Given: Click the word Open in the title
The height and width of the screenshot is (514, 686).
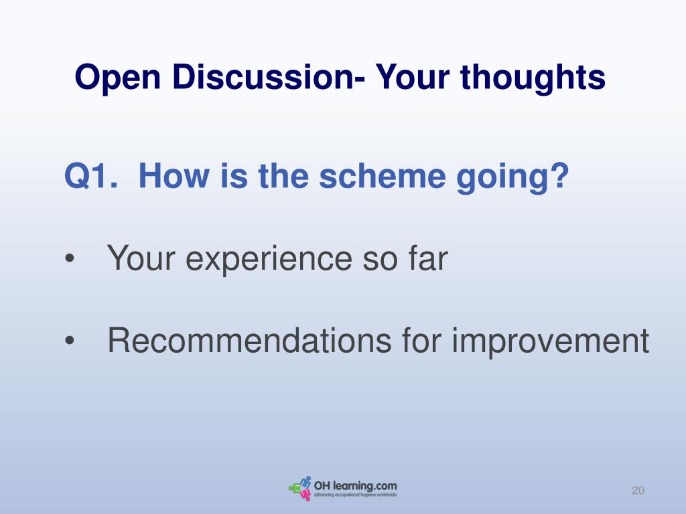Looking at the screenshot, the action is [x=118, y=78].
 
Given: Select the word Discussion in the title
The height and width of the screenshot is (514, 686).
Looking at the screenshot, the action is [x=263, y=77].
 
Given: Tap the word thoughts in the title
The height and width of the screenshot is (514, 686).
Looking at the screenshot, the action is [x=533, y=78].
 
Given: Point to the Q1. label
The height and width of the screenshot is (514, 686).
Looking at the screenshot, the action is [x=91, y=176].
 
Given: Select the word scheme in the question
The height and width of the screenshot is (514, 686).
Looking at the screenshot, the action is [x=383, y=176].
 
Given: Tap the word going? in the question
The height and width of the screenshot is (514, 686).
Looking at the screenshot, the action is [x=512, y=177].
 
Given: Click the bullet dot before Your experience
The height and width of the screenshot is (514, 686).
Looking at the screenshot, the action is [x=70, y=258].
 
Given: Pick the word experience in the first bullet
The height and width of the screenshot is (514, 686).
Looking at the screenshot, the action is [x=269, y=259].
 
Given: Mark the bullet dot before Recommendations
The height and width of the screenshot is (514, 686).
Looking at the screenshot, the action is [x=70, y=341].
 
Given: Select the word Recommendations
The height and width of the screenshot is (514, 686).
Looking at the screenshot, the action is [x=249, y=340].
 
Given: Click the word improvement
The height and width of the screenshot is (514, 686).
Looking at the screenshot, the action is [x=550, y=342].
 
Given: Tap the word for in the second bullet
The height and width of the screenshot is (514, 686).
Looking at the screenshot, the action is [x=421, y=340].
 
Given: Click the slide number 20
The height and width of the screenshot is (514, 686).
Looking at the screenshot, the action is [x=638, y=491].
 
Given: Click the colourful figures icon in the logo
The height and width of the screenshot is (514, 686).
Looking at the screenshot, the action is [x=300, y=488].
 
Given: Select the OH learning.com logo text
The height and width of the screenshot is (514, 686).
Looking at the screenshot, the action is [x=355, y=486].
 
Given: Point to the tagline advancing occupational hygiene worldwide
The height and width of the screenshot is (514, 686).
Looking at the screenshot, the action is [x=355, y=495].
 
